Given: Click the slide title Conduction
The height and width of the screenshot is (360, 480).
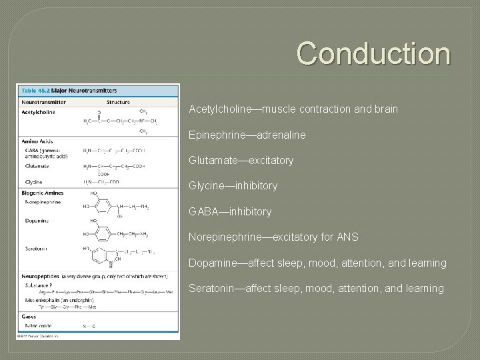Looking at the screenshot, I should point(373,53).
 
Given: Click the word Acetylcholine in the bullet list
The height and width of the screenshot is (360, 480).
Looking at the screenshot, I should point(218,108).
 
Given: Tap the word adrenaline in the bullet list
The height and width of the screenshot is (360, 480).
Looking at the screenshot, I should point(279,135).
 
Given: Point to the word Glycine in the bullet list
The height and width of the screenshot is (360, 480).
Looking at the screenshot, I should point(205,186).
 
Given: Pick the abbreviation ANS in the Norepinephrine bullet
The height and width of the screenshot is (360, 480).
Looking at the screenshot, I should point(347,237).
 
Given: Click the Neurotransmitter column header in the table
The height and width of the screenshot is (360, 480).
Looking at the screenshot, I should point(44,103).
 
